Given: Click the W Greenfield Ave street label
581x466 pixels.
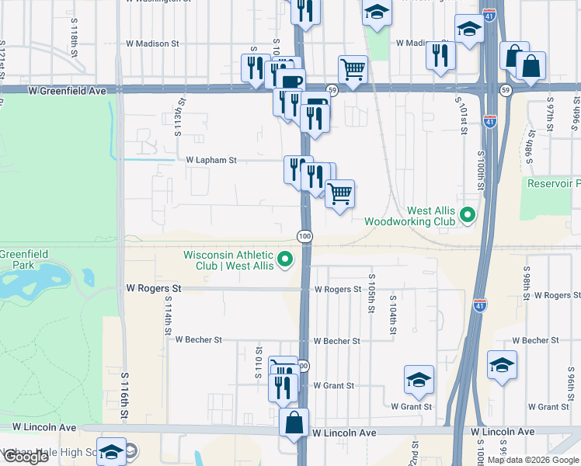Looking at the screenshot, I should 67,91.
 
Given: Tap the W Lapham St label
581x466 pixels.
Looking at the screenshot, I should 210,160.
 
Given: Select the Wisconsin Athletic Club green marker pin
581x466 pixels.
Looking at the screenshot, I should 287,259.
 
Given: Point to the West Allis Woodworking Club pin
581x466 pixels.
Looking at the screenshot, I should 468,214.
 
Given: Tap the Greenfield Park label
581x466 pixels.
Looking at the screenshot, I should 23,259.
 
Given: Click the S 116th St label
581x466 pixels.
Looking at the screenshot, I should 124,396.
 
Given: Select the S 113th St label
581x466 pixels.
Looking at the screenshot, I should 179,114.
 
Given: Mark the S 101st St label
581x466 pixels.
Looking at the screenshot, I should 461,116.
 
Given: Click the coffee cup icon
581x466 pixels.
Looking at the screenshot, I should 291,82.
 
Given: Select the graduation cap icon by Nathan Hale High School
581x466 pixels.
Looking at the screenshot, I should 111,452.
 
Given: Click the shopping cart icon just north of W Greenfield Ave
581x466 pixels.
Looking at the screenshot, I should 353,69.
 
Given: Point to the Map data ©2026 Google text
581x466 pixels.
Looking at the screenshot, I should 533,460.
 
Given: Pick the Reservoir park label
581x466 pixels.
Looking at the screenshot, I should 553,183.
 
